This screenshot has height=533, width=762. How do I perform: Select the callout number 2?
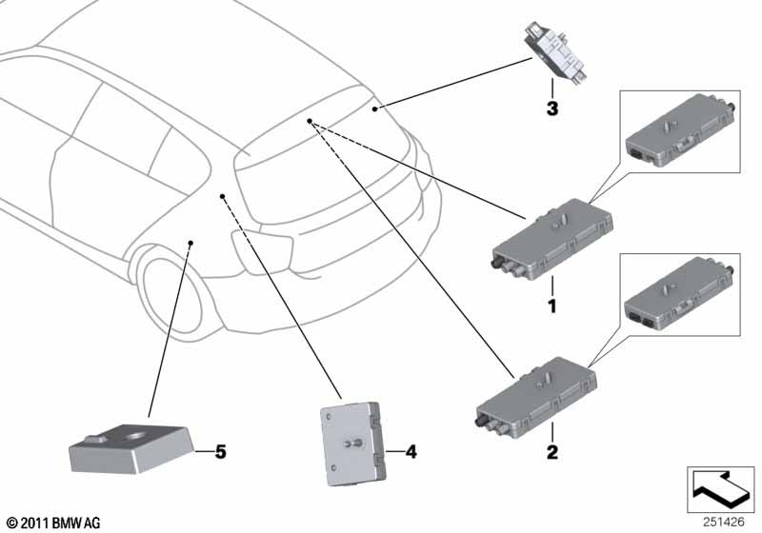550,448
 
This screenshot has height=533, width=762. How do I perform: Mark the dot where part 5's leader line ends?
191,244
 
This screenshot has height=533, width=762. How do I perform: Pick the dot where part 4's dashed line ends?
223,197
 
